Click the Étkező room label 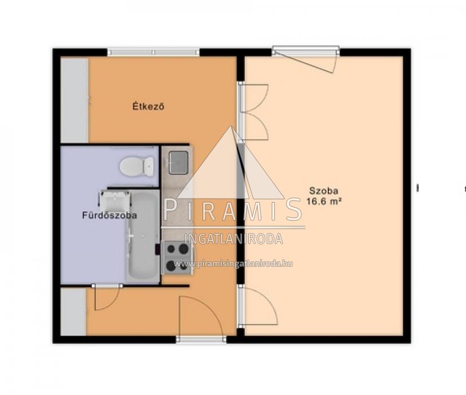tap(148, 107)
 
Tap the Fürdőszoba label tap(109, 215)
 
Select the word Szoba tap(324, 190)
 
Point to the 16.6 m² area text tap(324, 201)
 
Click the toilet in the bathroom tap(137, 166)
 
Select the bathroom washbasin tap(115, 200)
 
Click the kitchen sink tap(178, 163)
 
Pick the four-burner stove tap(177, 257)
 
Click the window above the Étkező tap(153, 52)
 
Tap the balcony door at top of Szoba tap(306, 59)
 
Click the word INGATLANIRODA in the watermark tap(234, 239)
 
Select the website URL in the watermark tap(234, 264)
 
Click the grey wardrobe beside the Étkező tap(74, 100)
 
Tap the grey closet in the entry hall tap(73, 312)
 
